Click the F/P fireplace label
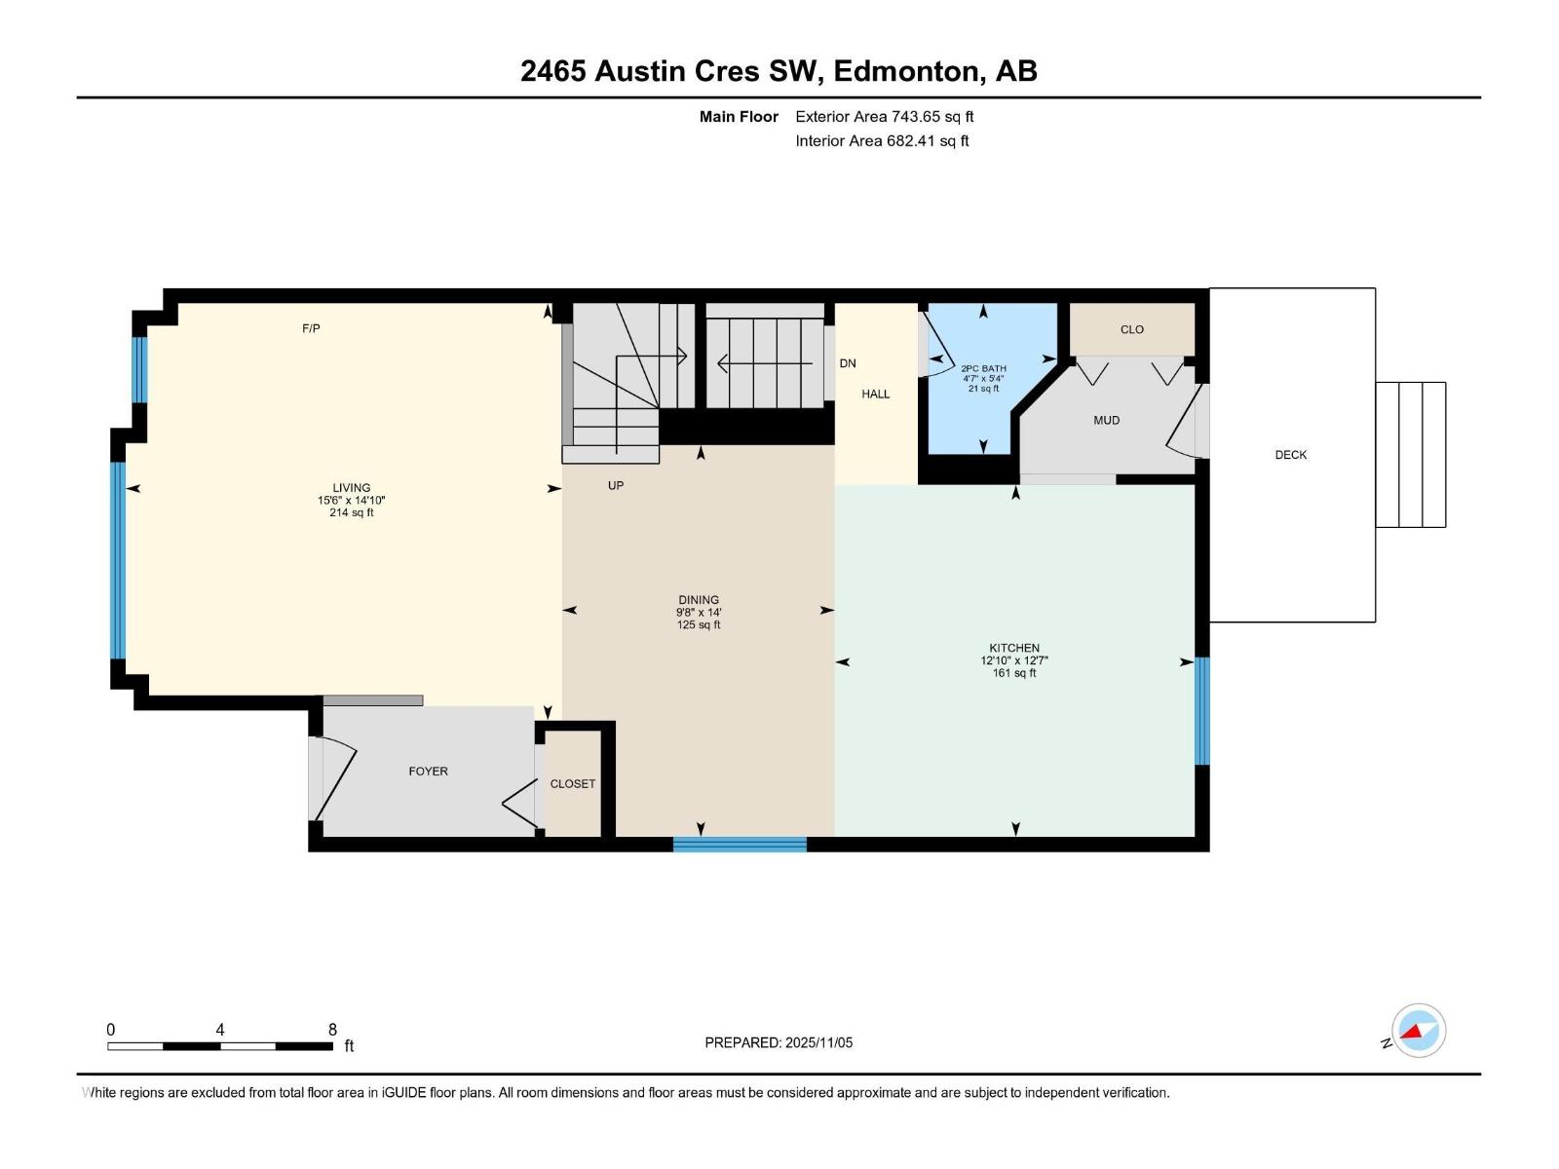pos(311,329)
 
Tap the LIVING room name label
pos(351,488)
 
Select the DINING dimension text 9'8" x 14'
pos(699,613)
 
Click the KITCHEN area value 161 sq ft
pos(1014,673)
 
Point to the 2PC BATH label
pos(983,369)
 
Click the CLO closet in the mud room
pos(1131,329)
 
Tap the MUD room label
pos(1106,421)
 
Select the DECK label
pos(1290,455)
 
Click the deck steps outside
pos(1410,455)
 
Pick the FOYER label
pos(428,772)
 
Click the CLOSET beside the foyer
pos(572,784)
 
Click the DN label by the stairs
pos(848,363)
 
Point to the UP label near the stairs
pos(616,485)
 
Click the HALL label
pos(875,395)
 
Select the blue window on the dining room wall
pos(740,845)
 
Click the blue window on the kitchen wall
pos(1202,711)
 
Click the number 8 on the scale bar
pos(332,1030)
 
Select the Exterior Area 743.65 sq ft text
pos(884,117)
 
